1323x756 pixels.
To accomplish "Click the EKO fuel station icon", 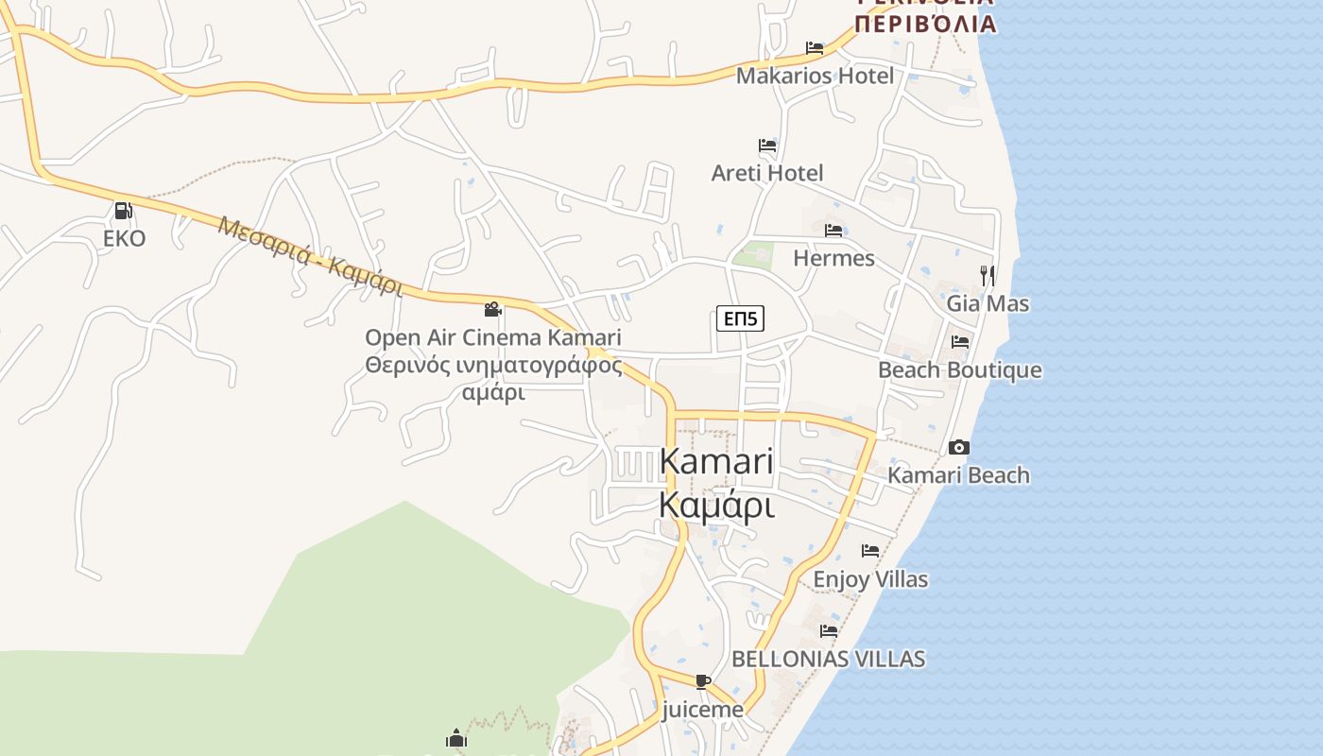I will (x=123, y=211).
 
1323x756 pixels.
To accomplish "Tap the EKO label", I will (x=125, y=238).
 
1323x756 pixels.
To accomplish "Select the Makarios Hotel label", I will (x=815, y=76).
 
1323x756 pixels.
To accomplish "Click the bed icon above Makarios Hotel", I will (x=815, y=48).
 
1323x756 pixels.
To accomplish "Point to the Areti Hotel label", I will (x=767, y=173).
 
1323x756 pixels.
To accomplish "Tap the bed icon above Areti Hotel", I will (x=767, y=146).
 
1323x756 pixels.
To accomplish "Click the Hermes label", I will (x=833, y=258).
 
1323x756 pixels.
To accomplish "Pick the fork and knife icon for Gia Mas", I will (x=988, y=276).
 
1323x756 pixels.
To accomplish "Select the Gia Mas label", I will (x=988, y=303).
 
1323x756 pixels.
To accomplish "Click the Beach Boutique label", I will (x=960, y=369).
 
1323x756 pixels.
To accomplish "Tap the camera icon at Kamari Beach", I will (x=959, y=447).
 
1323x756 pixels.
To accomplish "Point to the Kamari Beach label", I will (x=959, y=474).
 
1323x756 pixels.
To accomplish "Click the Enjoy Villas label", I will (x=870, y=578).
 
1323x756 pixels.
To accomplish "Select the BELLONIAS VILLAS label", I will (x=829, y=659).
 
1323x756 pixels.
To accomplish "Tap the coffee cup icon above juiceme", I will (x=702, y=681).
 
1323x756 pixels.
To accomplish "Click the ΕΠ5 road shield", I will (x=740, y=319).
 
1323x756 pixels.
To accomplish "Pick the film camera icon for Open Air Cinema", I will (x=492, y=309).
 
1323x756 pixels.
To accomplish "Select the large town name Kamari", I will (x=716, y=462).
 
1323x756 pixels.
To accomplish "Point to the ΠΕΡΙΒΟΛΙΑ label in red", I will (x=925, y=24).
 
